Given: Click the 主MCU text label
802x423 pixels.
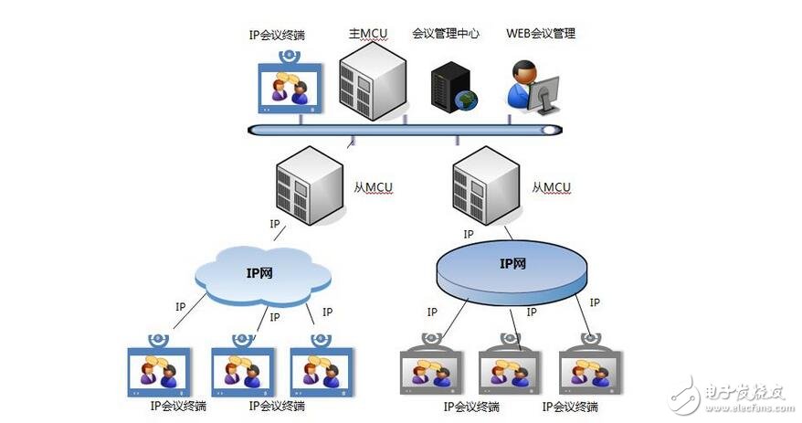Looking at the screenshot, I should click(368, 34).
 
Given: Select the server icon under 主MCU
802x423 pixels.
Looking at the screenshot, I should click(371, 81).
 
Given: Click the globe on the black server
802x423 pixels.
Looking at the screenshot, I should click(468, 100).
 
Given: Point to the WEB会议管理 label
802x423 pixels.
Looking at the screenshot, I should click(541, 34).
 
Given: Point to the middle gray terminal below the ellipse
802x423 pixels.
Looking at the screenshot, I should click(510, 370).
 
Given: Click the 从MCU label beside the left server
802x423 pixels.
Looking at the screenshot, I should click(373, 187).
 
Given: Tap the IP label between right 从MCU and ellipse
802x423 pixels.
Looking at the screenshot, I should click(469, 235).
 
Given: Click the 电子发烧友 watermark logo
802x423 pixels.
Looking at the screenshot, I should click(731, 394).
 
